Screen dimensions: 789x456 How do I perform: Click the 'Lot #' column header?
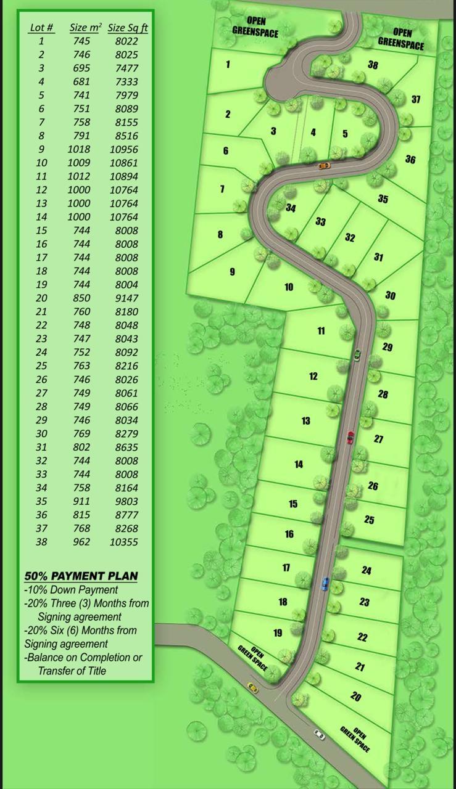point(41,28)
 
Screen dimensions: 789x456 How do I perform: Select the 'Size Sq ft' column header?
point(127,28)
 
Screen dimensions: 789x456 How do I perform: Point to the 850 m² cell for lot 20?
point(80,298)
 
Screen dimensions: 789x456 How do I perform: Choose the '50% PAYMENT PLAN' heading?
point(81,576)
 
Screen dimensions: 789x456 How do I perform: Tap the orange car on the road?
point(324,165)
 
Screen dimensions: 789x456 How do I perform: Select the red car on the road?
point(350,438)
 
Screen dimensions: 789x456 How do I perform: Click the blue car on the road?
point(325,584)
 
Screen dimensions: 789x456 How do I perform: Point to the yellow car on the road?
point(252,687)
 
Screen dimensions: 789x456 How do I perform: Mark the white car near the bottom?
point(319,734)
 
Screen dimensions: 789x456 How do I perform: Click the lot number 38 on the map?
point(373,65)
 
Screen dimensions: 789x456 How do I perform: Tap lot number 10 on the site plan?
point(289,287)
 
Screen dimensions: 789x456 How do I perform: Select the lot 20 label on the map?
point(355,697)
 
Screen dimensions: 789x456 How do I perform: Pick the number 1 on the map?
point(228,64)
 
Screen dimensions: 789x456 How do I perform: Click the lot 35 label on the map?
point(383,198)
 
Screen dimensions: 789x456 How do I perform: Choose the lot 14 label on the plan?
point(299,464)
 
